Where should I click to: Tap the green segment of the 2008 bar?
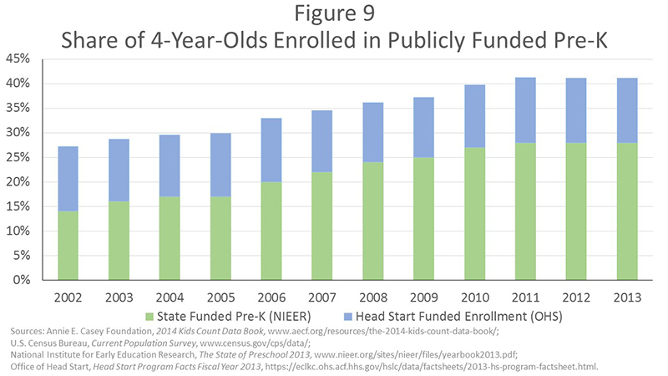click(x=372, y=221)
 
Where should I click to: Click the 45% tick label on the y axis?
click(x=19, y=59)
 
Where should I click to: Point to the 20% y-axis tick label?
click(x=19, y=182)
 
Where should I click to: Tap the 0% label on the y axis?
click(x=23, y=280)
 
